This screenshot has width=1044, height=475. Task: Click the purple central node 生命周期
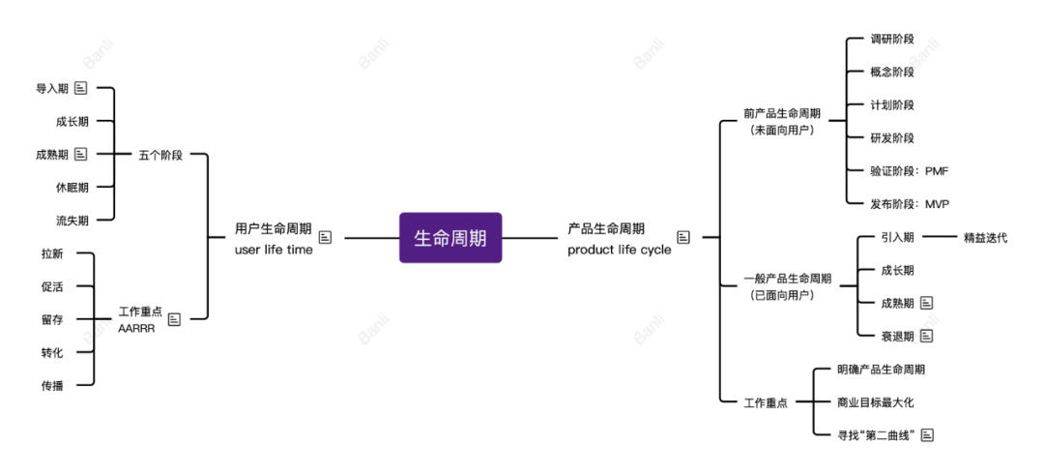[450, 237]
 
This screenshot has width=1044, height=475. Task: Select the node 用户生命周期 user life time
[274, 238]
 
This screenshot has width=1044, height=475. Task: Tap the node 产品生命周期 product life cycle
[619, 238]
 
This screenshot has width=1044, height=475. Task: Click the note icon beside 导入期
[81, 88]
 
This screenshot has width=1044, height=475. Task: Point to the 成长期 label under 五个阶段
[72, 121]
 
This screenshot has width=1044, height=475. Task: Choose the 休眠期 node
[72, 187]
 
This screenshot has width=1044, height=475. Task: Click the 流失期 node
[72, 221]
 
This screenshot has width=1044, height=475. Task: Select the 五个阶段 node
[160, 154]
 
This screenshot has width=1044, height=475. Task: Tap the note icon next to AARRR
[174, 319]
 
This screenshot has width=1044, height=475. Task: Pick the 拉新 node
[52, 253]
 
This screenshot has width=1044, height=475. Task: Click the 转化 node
[52, 352]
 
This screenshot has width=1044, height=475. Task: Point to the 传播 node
[52, 385]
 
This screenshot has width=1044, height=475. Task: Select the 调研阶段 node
[891, 39]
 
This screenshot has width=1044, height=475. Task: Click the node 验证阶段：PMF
[909, 170]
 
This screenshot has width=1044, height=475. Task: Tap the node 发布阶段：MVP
[909, 203]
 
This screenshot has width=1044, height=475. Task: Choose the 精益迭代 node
[985, 237]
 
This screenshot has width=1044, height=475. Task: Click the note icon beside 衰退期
[927, 336]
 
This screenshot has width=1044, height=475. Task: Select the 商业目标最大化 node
[875, 401]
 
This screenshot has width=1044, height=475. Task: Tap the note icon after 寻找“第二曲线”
[927, 434]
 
